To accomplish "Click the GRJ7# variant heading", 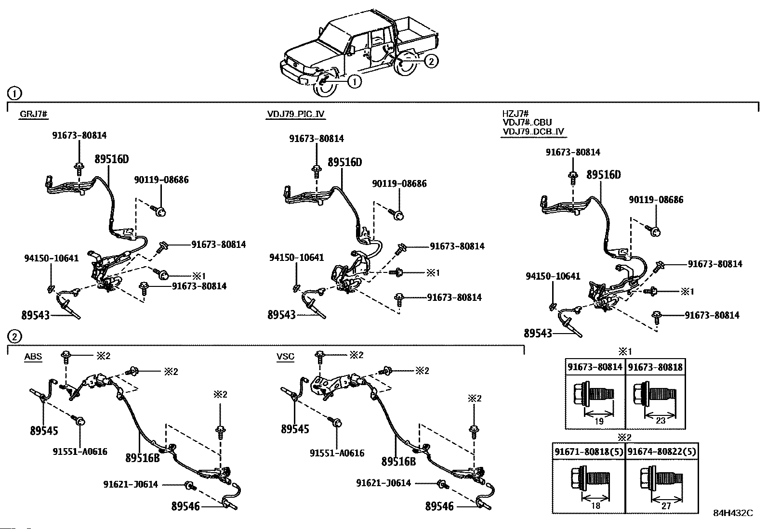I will tap(33, 114).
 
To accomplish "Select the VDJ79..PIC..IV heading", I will tap(296, 114).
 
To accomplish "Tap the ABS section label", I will tap(33, 357).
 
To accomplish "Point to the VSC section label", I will tap(285, 357).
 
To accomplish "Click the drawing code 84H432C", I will tap(733, 513).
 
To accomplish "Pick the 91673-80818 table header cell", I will tap(655, 367).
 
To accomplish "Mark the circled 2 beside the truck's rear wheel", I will tap(431, 61).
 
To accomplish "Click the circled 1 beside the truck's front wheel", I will tap(354, 82).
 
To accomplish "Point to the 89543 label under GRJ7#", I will tap(36, 315).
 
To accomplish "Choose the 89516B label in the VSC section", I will tap(398, 461).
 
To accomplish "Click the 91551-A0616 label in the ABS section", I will tap(80, 452).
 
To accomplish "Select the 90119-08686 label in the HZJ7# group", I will tap(656, 200).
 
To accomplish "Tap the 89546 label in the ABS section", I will tap(185, 506).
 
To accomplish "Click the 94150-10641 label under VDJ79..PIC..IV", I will tap(296, 258).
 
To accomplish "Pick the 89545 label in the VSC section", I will tap(295, 428).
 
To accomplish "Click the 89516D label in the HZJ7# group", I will tap(604, 175).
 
